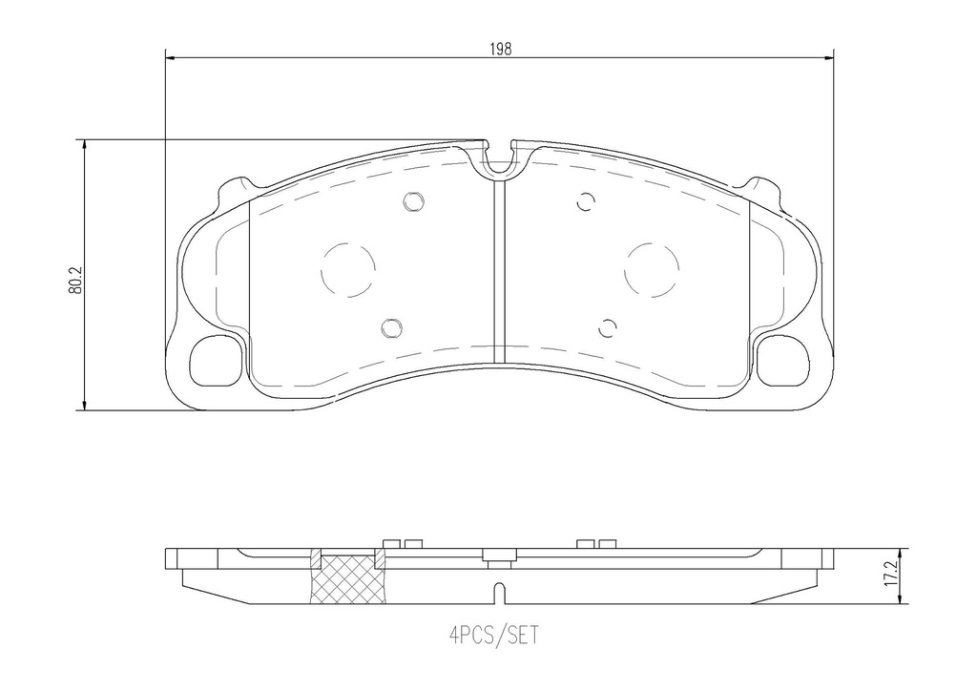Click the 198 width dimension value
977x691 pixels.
pos(500,50)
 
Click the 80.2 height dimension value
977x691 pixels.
pos(75,282)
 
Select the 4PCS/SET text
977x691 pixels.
pos(493,636)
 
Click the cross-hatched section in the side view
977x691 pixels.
pos(348,579)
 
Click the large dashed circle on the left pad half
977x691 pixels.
pos(347,270)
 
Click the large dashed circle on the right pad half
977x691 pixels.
pos(651,270)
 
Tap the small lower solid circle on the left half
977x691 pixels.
pos(391,327)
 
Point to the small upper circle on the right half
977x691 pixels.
pos(586,202)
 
